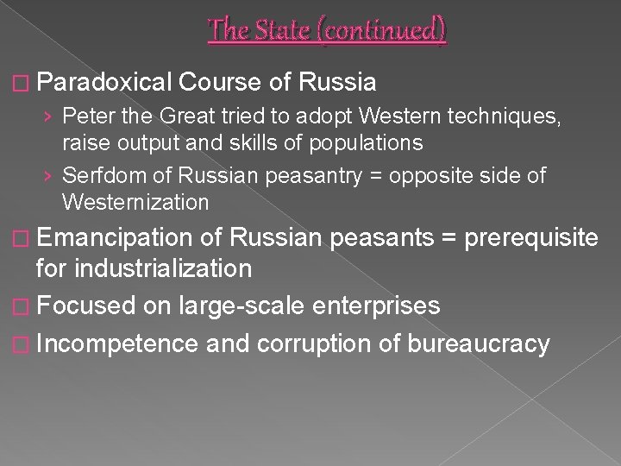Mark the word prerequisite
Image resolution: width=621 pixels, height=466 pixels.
(x=536, y=236)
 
